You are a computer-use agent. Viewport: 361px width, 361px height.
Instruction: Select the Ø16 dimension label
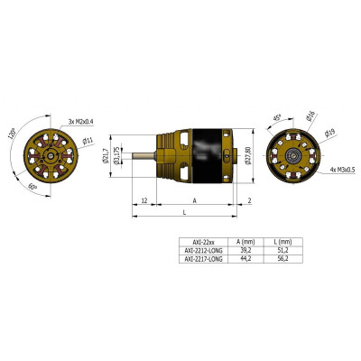point(310,116)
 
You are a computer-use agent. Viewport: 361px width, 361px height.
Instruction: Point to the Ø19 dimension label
point(330,133)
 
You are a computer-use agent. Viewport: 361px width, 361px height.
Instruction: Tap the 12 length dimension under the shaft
point(144,199)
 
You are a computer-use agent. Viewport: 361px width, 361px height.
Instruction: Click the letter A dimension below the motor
point(195,199)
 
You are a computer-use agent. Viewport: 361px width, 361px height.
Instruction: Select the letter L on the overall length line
point(185,213)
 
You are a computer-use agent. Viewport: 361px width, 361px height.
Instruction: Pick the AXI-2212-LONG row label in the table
point(202,250)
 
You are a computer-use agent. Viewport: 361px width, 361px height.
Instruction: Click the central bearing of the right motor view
point(294,156)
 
